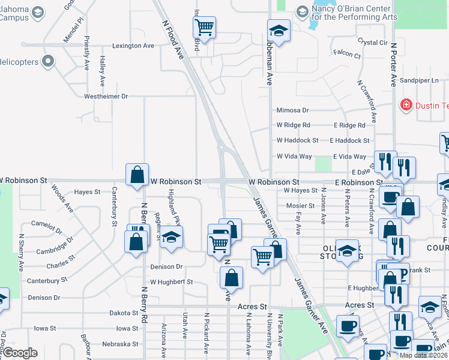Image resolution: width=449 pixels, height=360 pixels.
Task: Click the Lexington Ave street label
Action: click(133, 46)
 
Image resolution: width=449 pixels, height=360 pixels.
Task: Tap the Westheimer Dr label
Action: click(106, 96)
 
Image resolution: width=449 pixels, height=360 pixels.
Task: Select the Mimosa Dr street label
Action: click(292, 110)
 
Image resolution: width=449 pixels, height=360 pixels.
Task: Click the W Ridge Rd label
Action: click(293, 125)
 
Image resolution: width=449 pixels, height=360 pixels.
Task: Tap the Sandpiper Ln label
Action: click(420, 80)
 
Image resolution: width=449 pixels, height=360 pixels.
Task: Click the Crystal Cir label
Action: click(372, 43)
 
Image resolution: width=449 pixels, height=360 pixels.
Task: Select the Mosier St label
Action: click(300, 206)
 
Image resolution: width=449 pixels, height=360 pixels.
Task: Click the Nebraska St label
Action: click(120, 344)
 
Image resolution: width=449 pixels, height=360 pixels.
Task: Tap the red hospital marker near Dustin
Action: click(406, 105)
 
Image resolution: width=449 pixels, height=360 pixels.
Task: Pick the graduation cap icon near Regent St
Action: click(171, 236)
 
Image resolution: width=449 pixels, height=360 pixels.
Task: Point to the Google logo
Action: click(20, 353)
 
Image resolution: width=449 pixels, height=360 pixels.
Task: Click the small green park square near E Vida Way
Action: click(323, 163)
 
